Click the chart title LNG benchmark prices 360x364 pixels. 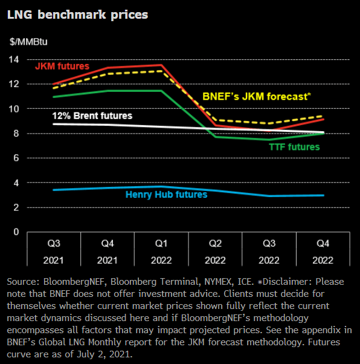[x=77, y=14]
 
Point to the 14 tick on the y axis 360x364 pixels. [x=13, y=59]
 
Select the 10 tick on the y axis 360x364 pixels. [x=13, y=109]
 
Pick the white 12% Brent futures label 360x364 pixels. [x=92, y=115]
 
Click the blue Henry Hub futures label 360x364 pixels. [x=166, y=194]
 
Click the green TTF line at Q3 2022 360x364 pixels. [x=269, y=140]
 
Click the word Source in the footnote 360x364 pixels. [x=22, y=282]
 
